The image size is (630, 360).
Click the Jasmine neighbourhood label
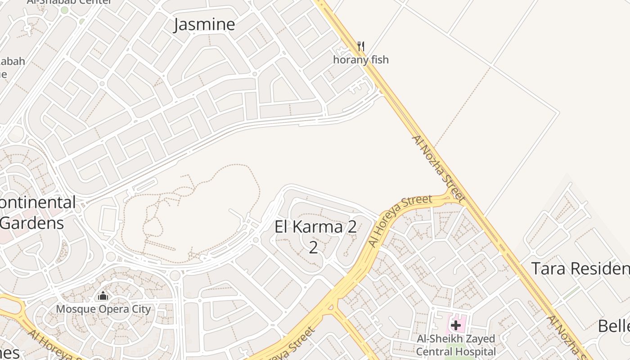(x=204, y=24)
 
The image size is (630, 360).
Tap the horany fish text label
(x=360, y=59)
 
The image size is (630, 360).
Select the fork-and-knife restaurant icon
(x=360, y=46)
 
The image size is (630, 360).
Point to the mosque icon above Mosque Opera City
(x=103, y=296)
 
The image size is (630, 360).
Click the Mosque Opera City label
(x=103, y=309)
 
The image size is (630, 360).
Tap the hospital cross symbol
(x=455, y=325)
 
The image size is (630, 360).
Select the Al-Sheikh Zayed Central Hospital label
(x=455, y=345)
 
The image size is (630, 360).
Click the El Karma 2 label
(x=315, y=227)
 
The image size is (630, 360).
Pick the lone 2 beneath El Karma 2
(x=313, y=247)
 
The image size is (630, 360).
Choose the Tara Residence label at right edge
(x=580, y=269)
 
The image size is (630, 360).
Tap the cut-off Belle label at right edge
(x=614, y=326)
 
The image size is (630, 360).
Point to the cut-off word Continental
(x=38, y=202)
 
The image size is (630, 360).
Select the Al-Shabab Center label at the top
(x=70, y=2)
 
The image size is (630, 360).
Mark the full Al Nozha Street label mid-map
(x=438, y=168)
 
